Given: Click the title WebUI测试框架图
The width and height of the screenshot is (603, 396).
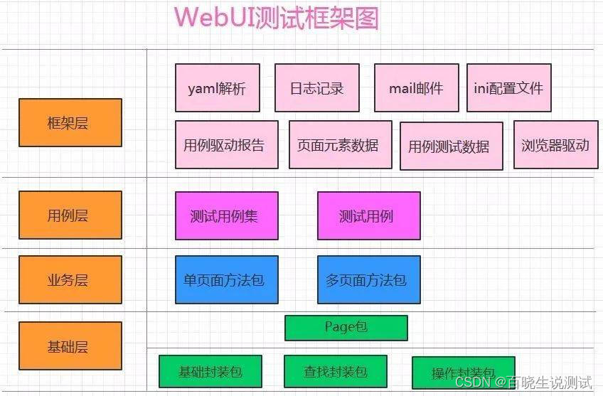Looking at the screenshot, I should (x=277, y=18).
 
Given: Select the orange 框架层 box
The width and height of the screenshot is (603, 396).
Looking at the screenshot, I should (x=70, y=122).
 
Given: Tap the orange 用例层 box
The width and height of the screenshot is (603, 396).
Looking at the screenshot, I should (x=70, y=215).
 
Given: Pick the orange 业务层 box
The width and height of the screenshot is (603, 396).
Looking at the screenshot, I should (x=70, y=279).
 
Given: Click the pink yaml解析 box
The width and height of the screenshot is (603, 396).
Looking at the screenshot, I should (x=217, y=88).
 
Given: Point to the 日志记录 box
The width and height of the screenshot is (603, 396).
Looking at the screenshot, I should (x=316, y=88).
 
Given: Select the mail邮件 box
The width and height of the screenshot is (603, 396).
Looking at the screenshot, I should (x=416, y=88).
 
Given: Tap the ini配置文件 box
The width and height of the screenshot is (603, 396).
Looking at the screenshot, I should (x=508, y=88).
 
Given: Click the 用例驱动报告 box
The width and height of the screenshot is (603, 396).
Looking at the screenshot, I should (x=224, y=145).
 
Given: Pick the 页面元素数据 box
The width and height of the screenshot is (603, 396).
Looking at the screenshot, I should (x=340, y=145).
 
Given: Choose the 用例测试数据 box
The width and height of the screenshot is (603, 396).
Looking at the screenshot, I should (x=451, y=146).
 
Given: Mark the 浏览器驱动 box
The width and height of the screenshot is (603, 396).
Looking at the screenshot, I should (x=555, y=145).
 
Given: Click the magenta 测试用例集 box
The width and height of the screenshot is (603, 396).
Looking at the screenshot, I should (x=226, y=215).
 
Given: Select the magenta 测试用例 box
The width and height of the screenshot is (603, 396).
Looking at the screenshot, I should (x=368, y=215).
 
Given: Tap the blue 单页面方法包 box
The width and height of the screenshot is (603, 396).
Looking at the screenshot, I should (x=226, y=279).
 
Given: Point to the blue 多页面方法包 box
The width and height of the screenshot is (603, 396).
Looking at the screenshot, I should (x=368, y=279).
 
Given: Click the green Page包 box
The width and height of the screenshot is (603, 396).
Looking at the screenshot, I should (x=346, y=328).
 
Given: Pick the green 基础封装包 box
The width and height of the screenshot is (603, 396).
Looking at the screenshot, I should (x=210, y=371).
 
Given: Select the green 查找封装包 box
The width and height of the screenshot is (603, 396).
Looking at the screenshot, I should (x=335, y=371).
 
